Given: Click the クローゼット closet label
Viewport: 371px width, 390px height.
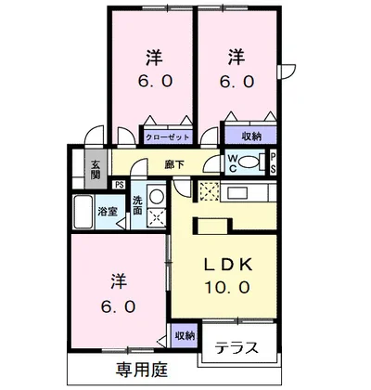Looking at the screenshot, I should (x=167, y=136).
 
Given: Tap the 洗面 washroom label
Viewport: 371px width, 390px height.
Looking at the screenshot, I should (x=136, y=205).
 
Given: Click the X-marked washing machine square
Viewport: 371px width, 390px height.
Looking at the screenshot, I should (x=156, y=219).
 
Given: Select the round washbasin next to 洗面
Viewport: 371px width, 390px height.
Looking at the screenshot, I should (x=156, y=196).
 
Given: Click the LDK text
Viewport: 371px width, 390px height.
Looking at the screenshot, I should (x=228, y=264).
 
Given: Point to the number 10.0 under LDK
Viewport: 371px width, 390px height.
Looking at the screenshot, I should (x=228, y=288).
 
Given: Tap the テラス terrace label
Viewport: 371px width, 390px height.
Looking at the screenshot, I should (x=237, y=349).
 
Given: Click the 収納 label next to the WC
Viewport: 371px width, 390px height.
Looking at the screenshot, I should (x=249, y=136).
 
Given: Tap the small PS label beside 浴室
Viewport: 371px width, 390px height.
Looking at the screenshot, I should (x=119, y=185).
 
